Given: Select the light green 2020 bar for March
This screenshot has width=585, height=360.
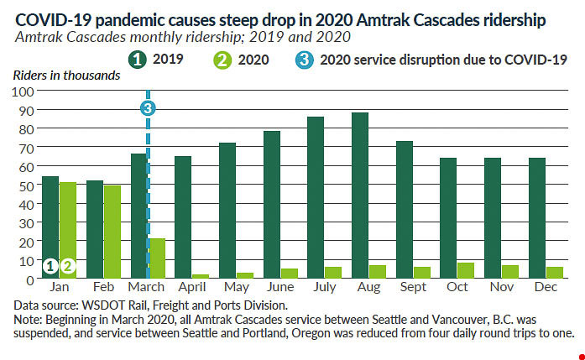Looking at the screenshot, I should tap(157, 258).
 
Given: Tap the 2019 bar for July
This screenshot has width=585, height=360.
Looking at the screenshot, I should tap(316, 197).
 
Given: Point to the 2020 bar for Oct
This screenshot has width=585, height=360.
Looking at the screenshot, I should tap(466, 270).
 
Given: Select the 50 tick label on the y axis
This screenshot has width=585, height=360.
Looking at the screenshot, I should tap(26, 185).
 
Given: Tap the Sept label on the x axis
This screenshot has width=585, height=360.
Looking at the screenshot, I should tap(413, 288).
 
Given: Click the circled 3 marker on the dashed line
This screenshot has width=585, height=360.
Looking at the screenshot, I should tap(148, 107).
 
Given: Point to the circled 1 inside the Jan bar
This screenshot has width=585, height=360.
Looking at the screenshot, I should tap(50, 266).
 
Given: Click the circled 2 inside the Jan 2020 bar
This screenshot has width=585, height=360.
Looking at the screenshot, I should tap(69, 266).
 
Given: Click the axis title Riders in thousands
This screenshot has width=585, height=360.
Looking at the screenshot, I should tap(66, 76).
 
